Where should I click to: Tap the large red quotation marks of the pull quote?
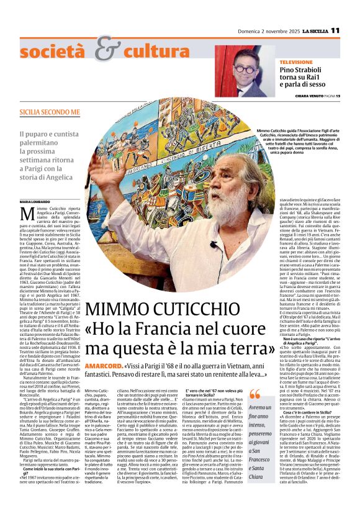(254, 394)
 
